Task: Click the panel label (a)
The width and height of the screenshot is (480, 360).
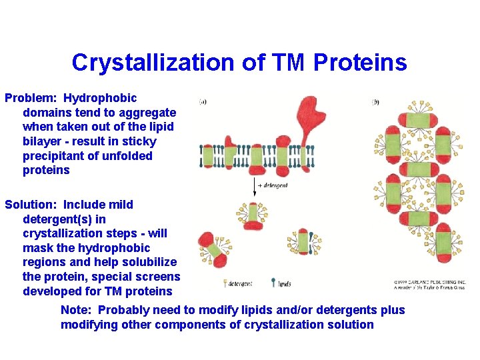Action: pyautogui.click(x=203, y=102)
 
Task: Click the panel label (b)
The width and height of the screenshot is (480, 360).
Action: pyautogui.click(x=376, y=102)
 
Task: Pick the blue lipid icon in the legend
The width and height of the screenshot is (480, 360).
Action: pyautogui.click(x=273, y=283)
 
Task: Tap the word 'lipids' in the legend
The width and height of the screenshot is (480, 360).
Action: pyautogui.click(x=285, y=284)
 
